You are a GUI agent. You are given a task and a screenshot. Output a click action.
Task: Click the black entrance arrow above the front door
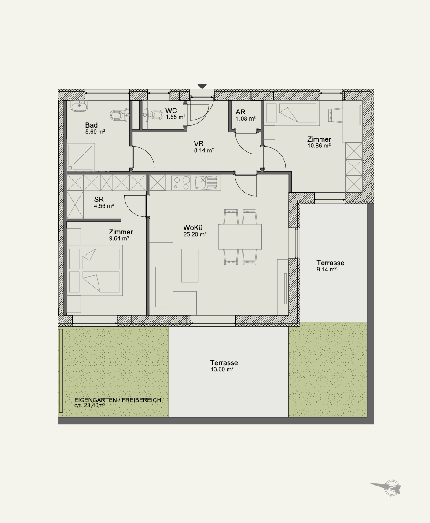(x=202, y=86)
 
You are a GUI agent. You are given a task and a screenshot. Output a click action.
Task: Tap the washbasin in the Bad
(x=80, y=106)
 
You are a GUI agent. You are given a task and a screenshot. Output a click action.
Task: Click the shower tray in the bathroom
(x=81, y=157)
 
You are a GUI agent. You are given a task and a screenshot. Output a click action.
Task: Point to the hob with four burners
(x=181, y=183)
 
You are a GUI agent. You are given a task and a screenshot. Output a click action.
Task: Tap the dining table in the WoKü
(x=240, y=237)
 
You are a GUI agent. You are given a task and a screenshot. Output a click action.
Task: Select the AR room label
(x=240, y=112)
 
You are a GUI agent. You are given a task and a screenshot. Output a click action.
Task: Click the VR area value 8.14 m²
(x=204, y=150)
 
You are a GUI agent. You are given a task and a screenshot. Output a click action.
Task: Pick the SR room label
(x=99, y=199)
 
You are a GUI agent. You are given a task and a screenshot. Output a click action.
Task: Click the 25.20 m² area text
(x=195, y=234)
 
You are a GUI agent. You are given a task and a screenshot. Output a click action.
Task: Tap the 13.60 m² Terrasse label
(x=222, y=369)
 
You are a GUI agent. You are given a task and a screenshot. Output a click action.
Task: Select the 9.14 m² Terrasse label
(x=327, y=270)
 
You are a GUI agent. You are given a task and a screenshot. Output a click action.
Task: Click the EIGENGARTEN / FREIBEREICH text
(x=118, y=400)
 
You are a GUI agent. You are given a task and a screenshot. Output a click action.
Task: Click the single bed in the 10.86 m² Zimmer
(x=290, y=114)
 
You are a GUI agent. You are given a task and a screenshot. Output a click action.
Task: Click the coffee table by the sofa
(x=190, y=266)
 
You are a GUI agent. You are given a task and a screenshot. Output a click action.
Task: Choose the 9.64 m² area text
(x=119, y=239)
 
